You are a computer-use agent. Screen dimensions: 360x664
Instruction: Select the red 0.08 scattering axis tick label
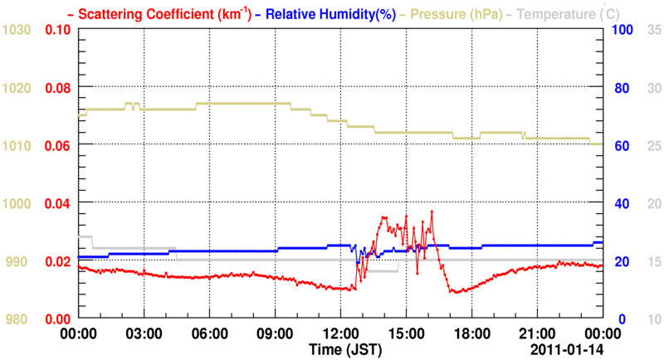coord(58,87)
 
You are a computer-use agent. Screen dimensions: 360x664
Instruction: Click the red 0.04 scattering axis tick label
coord(58,203)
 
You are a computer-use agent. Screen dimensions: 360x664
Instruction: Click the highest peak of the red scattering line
coord(432,212)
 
